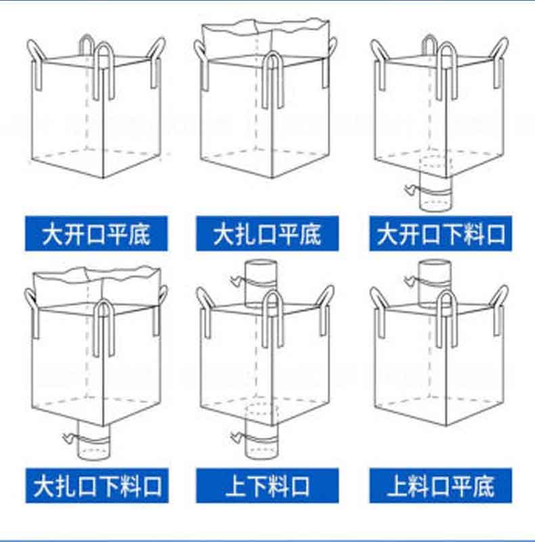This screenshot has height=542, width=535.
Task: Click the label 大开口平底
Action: pyautogui.click(x=95, y=234)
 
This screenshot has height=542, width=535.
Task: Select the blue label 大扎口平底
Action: pyautogui.click(x=267, y=234)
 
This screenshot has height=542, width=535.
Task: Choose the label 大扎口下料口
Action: pyautogui.click(x=95, y=486)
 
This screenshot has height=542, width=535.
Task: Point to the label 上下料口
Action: pyautogui.click(x=267, y=486)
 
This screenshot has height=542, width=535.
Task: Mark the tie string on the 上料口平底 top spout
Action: pyautogui.click(x=410, y=278)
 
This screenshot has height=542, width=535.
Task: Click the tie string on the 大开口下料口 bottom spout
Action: pyautogui.click(x=410, y=190)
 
